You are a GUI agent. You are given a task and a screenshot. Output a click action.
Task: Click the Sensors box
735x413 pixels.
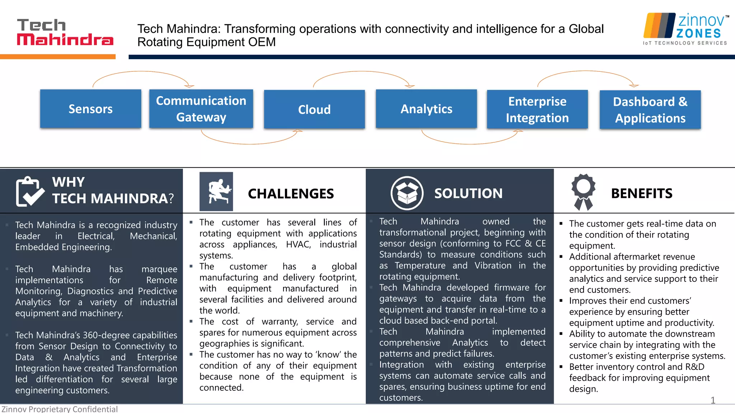click(90, 109)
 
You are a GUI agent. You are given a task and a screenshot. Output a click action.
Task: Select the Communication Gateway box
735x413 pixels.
click(201, 109)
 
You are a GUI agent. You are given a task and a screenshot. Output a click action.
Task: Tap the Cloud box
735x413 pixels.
click(314, 109)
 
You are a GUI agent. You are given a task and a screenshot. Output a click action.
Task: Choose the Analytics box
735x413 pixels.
click(426, 109)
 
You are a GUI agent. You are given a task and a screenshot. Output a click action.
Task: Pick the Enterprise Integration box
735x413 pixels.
click(537, 109)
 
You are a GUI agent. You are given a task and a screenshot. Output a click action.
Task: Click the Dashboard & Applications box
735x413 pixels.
click(650, 110)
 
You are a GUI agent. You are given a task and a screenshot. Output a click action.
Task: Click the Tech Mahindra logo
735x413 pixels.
click(65, 32)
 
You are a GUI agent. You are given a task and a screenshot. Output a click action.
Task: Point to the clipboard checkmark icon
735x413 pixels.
click(30, 191)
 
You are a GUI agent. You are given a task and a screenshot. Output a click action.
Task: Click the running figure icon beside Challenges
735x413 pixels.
click(216, 191)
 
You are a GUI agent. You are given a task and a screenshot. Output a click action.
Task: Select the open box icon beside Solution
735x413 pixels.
click(407, 193)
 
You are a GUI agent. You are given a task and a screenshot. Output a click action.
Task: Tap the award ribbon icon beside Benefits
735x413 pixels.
click(583, 192)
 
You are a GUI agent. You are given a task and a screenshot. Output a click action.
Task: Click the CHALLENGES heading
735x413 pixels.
click(291, 194)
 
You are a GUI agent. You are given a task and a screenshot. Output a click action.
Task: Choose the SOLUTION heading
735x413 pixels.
click(468, 194)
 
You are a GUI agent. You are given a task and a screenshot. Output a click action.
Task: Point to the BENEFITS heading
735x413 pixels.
click(642, 194)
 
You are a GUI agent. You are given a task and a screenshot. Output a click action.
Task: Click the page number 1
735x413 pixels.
click(713, 400)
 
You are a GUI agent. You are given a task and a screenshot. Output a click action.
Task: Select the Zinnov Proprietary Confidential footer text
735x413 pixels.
click(60, 409)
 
